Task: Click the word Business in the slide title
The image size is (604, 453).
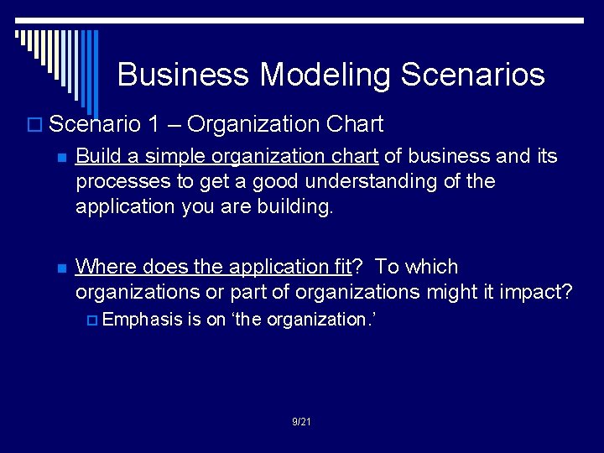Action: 184,75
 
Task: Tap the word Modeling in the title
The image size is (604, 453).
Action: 325,75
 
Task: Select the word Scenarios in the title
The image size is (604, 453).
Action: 473,75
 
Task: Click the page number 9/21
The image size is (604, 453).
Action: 301,421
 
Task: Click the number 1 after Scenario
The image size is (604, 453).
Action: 153,125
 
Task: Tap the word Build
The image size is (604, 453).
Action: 96,156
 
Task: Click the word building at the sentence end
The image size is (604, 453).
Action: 299,206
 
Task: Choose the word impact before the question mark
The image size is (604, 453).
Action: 534,292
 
